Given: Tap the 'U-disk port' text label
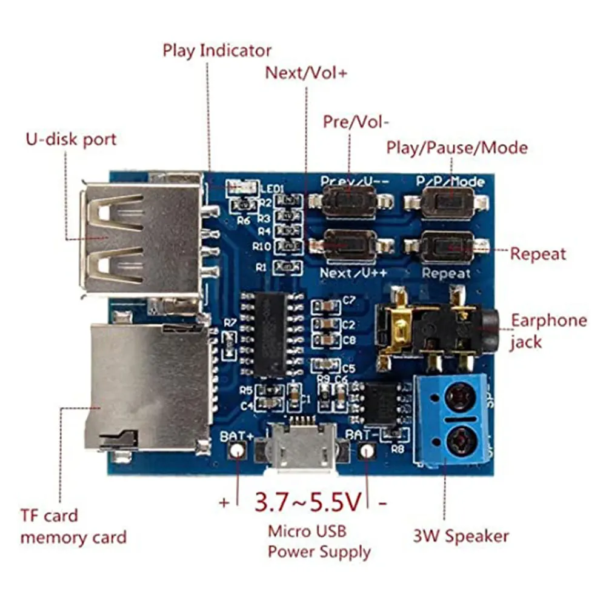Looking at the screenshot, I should (70, 139).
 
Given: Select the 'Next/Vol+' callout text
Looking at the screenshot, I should (307, 73).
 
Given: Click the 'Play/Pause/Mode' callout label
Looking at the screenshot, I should (457, 147).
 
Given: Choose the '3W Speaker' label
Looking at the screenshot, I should (461, 536).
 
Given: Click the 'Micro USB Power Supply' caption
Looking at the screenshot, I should (319, 542).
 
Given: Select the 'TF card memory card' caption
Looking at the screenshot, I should (73, 527).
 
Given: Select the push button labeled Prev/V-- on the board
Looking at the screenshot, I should (348, 201).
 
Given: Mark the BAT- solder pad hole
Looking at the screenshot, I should (367, 451).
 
